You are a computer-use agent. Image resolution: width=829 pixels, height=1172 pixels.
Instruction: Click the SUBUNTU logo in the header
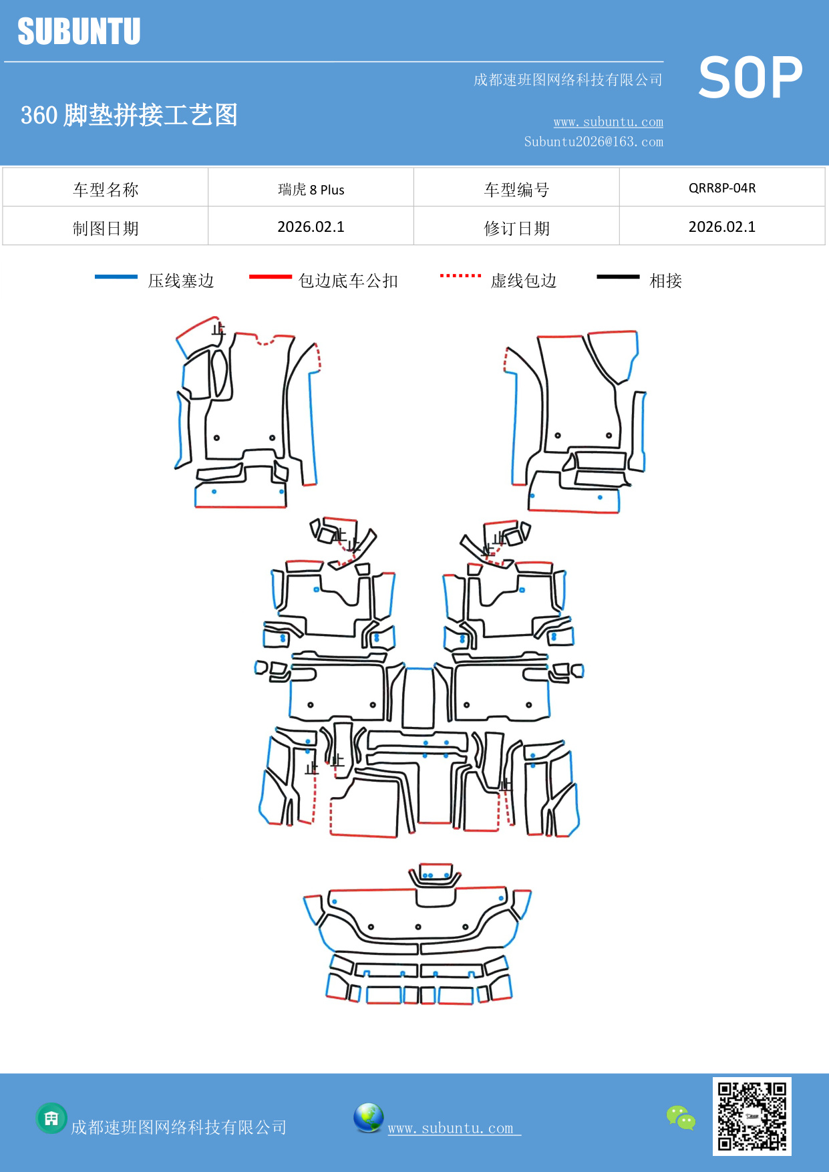(x=79, y=31)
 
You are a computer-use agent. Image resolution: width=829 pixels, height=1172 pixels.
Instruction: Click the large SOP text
(x=750, y=78)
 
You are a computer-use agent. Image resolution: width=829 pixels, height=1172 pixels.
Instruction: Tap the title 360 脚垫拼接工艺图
(x=129, y=115)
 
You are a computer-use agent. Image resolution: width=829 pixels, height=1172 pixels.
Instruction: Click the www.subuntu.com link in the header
(x=608, y=122)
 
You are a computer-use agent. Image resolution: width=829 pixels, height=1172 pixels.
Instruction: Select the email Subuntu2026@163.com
(x=593, y=142)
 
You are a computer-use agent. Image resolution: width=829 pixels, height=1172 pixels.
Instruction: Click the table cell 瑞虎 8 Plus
(x=311, y=190)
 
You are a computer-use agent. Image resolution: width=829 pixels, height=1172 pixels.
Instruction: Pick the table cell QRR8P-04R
(x=722, y=188)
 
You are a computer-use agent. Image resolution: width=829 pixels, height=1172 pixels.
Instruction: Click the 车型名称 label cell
(x=106, y=190)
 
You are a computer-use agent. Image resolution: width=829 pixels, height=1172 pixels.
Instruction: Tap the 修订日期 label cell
(x=516, y=229)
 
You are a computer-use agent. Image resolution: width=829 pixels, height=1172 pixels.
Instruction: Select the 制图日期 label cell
(x=106, y=229)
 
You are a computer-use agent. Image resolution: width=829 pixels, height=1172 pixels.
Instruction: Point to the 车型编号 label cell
(x=516, y=190)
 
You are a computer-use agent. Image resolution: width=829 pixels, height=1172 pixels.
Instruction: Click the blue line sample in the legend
(x=116, y=277)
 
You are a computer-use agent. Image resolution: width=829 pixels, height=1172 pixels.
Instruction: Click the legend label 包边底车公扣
(x=348, y=281)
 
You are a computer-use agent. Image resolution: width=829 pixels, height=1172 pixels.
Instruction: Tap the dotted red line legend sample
(x=460, y=275)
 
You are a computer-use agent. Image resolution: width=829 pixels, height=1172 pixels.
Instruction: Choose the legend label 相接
(x=665, y=281)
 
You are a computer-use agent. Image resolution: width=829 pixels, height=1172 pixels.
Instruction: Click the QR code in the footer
(x=752, y=1116)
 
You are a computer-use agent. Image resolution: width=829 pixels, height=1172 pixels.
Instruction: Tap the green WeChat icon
(x=681, y=1117)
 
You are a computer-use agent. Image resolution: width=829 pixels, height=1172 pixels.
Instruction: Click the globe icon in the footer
(x=368, y=1118)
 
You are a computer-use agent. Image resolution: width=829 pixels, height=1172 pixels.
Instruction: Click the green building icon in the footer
(x=51, y=1118)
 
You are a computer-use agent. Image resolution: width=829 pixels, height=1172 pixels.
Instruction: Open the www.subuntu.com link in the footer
(x=451, y=1128)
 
